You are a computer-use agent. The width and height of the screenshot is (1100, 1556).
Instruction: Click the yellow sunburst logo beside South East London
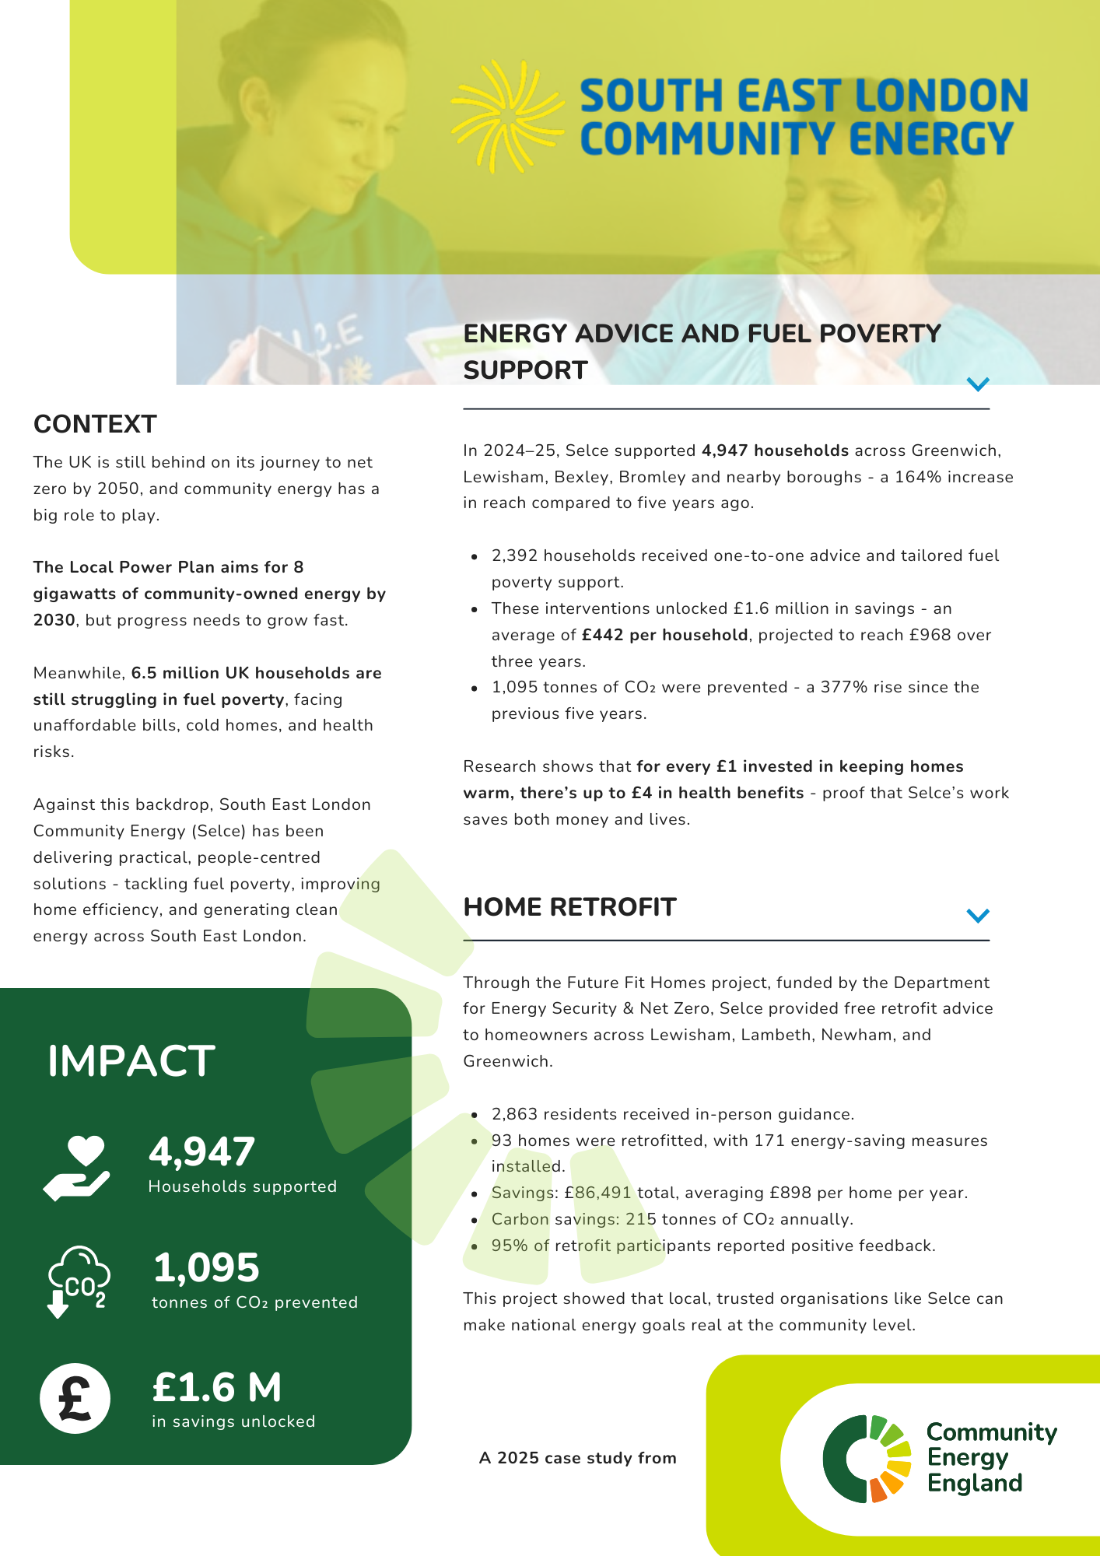pos(506,117)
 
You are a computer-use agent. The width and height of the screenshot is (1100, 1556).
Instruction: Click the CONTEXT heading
pos(95,424)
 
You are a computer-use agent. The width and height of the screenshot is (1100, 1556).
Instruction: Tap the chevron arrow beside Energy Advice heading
pos(977,384)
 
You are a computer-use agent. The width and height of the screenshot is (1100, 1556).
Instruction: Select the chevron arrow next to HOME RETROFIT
pos(977,915)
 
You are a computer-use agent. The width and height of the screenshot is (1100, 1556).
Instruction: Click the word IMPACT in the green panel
pos(131,1060)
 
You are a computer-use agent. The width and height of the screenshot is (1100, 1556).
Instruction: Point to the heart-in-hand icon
pos(77,1168)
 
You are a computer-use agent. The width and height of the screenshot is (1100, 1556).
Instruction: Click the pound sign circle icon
pos(75,1398)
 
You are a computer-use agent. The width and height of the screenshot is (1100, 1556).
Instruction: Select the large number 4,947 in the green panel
pos(201,1152)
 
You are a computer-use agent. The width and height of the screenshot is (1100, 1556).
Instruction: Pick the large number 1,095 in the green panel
pos(206,1267)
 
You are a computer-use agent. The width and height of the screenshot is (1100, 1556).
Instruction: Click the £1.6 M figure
pos(217,1386)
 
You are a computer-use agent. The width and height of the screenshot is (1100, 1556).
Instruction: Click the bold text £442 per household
pos(664,635)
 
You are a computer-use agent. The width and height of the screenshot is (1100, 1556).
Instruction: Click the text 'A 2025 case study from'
pos(577,1458)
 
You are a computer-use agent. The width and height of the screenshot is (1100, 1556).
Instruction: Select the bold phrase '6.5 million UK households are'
pos(256,673)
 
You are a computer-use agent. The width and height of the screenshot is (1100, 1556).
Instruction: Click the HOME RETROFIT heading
pos(569,907)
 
